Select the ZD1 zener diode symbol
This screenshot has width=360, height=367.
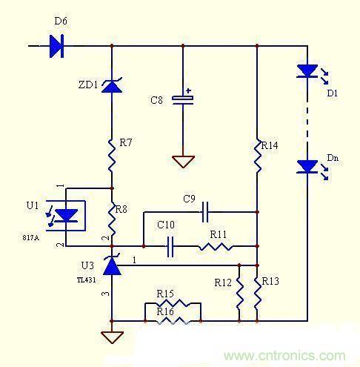pos(111,87)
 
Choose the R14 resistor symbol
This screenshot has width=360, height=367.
pos(256,156)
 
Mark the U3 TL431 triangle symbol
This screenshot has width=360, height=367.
pos(111,265)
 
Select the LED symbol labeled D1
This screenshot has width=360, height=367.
pos(307,72)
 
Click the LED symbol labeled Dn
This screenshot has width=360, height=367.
pos(307,167)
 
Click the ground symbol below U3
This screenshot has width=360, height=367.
pos(111,337)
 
